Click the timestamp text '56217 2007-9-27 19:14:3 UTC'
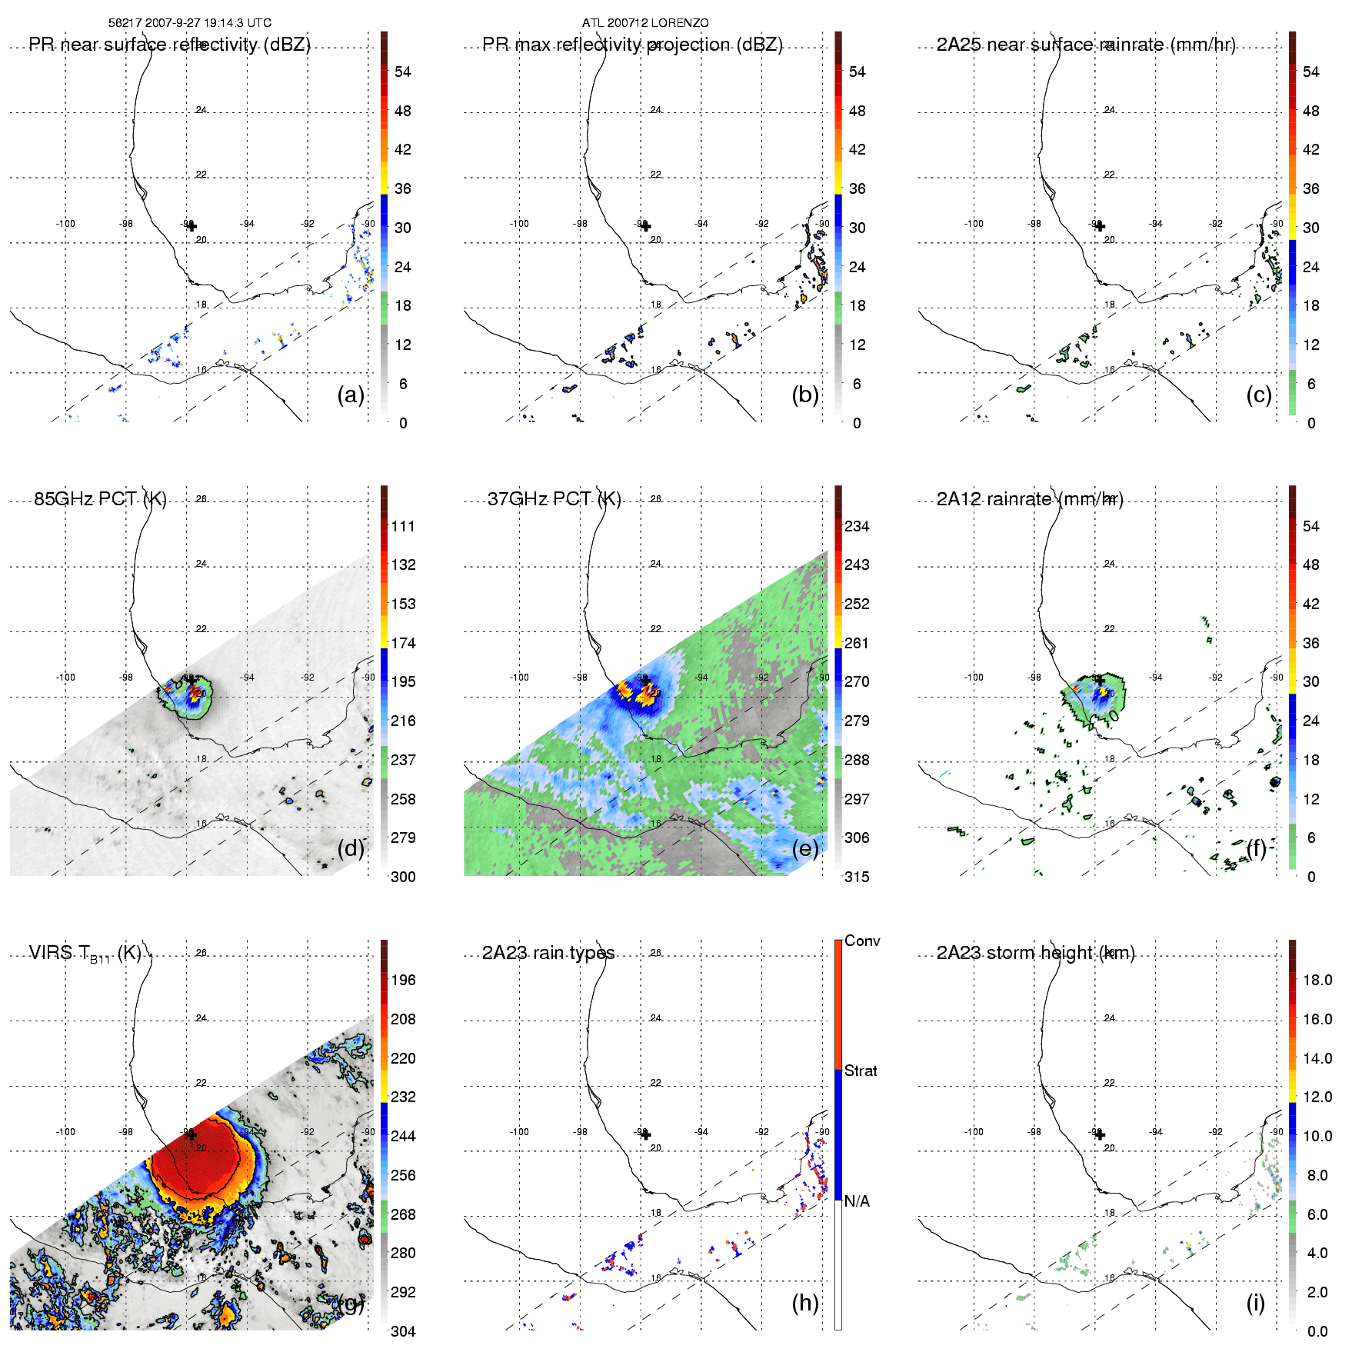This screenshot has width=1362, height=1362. [x=189, y=23]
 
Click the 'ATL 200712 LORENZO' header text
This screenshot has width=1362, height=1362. [x=644, y=23]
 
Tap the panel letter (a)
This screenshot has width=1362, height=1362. [x=351, y=395]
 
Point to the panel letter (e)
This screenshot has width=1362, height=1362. [x=804, y=849]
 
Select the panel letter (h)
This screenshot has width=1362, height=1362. [x=804, y=1303]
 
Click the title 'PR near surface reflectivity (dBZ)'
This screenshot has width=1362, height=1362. [x=169, y=45]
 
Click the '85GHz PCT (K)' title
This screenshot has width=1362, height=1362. [x=100, y=499]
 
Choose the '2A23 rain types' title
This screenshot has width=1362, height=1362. [x=548, y=953]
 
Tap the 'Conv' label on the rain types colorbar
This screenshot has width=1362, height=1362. [x=861, y=941]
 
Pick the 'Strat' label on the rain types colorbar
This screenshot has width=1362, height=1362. [x=860, y=1071]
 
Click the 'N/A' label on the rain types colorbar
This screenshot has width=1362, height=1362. [x=857, y=1201]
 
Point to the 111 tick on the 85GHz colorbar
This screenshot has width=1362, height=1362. [x=403, y=526]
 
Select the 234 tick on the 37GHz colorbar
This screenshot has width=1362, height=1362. [x=857, y=526]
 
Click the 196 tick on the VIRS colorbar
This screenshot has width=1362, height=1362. [x=403, y=980]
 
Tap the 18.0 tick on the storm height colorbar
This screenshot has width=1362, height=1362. [x=1317, y=980]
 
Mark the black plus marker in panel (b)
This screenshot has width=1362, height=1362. [x=645, y=226]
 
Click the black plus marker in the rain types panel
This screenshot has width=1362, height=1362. [x=645, y=1134]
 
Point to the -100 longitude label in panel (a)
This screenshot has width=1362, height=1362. [x=65, y=224]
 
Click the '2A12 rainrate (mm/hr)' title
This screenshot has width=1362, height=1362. [x=1030, y=499]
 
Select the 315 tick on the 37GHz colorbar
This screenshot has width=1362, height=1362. [x=857, y=877]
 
